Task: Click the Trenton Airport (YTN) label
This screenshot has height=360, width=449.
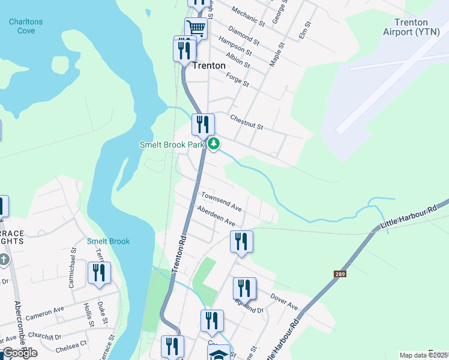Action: (406, 27)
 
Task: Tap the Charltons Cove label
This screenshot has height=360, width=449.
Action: (26, 26)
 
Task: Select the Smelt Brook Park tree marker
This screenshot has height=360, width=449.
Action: (214, 144)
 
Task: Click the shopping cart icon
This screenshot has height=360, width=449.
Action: (196, 28)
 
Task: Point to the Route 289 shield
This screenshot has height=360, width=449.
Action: (340, 274)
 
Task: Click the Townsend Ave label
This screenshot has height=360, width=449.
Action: (221, 202)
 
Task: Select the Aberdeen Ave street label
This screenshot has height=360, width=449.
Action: (215, 215)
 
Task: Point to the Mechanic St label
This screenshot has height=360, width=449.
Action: (249, 17)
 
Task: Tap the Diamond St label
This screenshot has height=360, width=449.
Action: (244, 36)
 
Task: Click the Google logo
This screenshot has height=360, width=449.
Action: (20, 353)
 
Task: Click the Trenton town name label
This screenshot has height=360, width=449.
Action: (209, 65)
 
